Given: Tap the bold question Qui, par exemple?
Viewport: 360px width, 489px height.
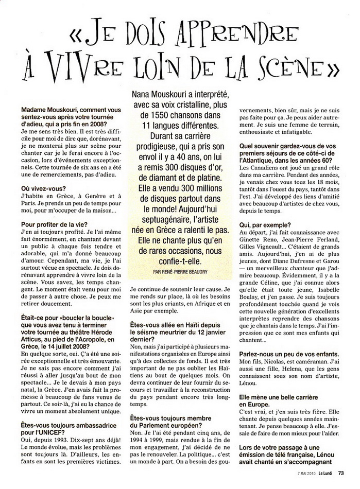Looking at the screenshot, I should click(269, 225).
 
